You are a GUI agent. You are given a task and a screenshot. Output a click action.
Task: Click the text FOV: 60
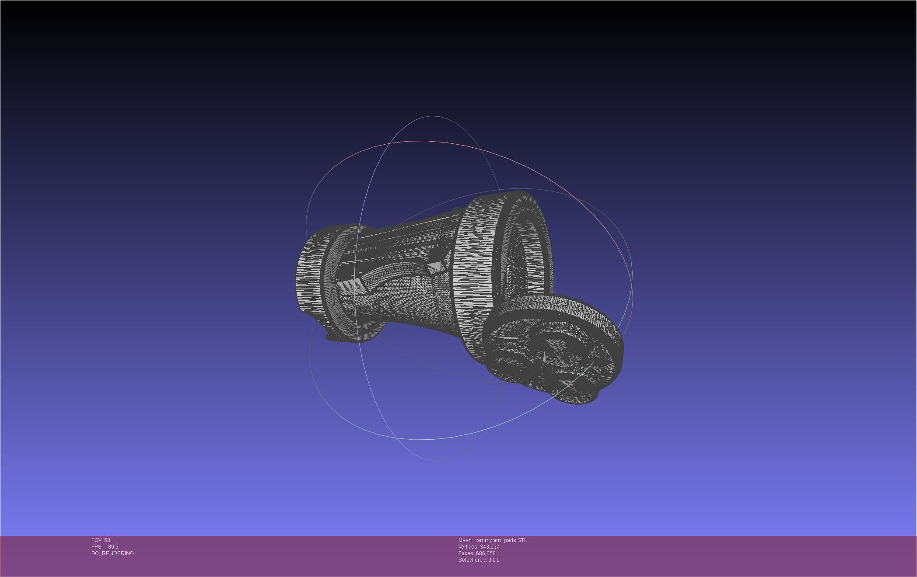[101, 540]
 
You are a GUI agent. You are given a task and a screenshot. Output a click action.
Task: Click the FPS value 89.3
[113, 547]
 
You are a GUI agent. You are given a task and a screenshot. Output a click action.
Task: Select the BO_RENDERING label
[112, 553]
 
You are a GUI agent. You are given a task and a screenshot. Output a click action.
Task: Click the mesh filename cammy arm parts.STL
[500, 540]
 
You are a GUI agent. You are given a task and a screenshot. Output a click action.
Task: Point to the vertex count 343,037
[489, 547]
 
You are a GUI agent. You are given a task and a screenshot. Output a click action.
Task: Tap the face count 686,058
[486, 553]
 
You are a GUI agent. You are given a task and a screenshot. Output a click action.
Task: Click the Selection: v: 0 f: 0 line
[479, 560]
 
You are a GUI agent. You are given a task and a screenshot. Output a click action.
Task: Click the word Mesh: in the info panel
[465, 540]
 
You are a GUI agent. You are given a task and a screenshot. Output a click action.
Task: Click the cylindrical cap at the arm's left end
[308, 275]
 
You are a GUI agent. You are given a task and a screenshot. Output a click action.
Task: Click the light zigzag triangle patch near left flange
[350, 286]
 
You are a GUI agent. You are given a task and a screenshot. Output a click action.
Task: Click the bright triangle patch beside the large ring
[435, 267]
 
